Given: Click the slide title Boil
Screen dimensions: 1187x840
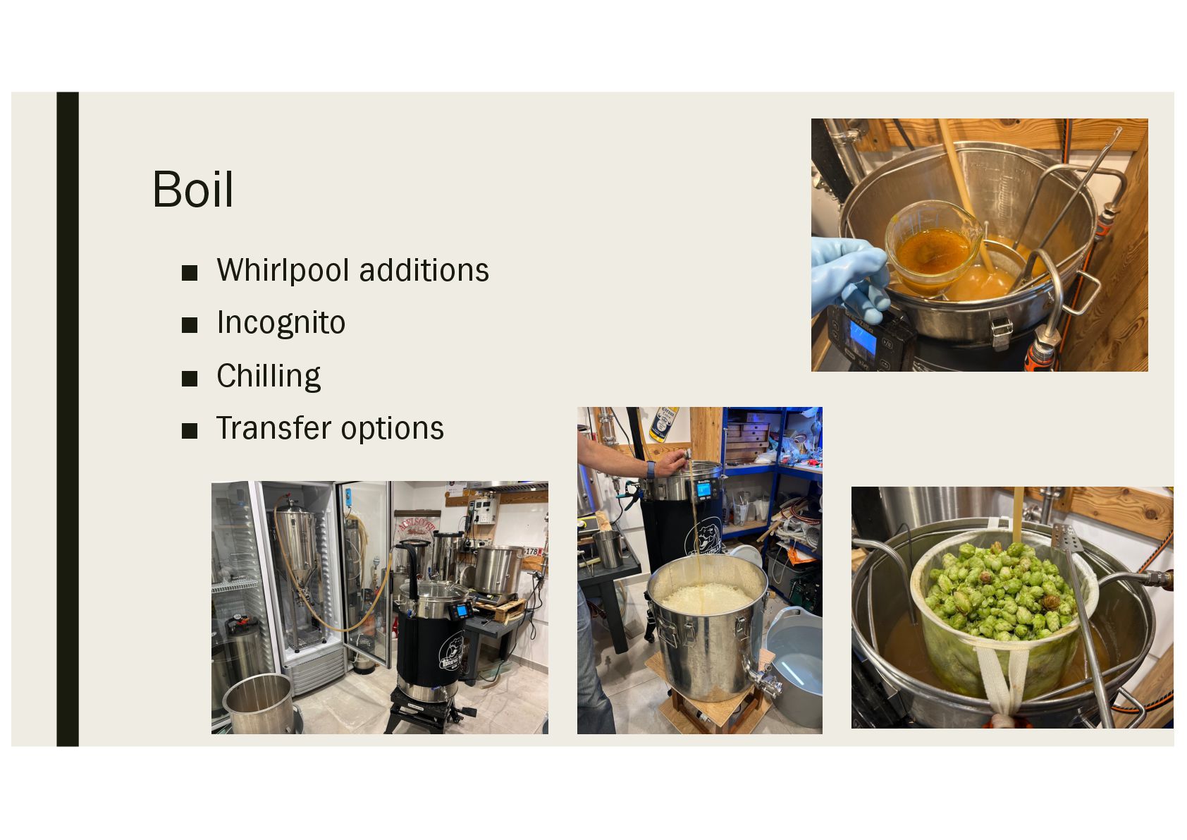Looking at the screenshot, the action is (x=193, y=190).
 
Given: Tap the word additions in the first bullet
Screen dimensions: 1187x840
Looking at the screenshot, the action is (x=424, y=270).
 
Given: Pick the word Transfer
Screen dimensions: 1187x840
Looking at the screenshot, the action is (x=273, y=428).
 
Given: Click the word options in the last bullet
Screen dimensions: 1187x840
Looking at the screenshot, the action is (x=392, y=430).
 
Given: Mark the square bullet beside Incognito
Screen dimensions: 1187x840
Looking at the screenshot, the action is (x=189, y=325).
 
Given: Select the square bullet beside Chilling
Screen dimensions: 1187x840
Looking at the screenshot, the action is (x=189, y=378).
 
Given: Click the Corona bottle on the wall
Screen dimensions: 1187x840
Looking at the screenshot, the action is (x=663, y=424).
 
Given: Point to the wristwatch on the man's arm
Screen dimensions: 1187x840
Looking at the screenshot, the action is (x=651, y=469).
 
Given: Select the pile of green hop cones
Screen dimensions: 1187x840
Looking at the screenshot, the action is (x=1000, y=590).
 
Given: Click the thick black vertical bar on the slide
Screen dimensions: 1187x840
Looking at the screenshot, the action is (x=68, y=419).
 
